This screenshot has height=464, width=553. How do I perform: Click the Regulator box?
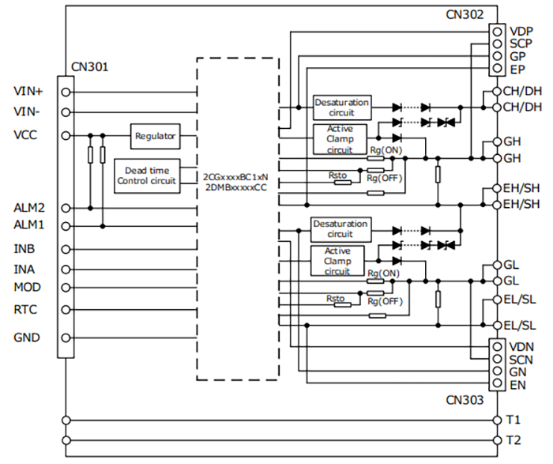tap(155, 135)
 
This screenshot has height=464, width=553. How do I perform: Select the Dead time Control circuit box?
tap(148, 175)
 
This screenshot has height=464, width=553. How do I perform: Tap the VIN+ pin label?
tap(28, 91)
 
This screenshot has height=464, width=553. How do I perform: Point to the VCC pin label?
tap(25, 135)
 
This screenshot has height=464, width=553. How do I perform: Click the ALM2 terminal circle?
tap(66, 208)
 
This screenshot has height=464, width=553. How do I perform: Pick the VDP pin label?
tap(521, 31)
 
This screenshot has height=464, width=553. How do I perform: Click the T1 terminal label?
tap(513, 420)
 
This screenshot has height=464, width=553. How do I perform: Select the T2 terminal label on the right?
tap(513, 439)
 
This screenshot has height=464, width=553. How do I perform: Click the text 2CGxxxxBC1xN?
tap(235, 175)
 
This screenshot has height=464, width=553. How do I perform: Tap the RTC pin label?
tap(25, 309)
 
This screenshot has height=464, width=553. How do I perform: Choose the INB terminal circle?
tap(66, 249)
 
